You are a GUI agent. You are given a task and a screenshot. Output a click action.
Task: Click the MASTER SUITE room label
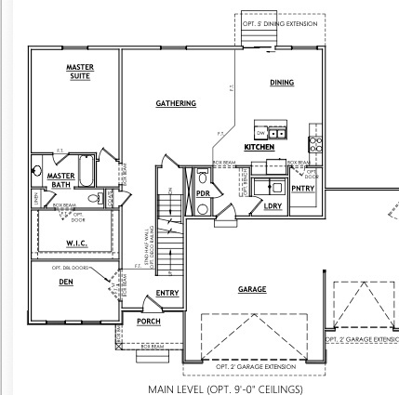[x=79, y=71]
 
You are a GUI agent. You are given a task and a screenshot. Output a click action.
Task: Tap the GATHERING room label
[x=175, y=103]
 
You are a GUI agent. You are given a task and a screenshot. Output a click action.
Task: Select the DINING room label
[x=282, y=83]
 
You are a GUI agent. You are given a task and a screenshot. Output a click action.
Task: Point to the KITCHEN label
[x=259, y=147]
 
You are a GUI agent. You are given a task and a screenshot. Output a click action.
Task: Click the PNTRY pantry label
[x=304, y=189]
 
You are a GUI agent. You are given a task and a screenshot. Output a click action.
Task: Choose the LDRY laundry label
[x=273, y=205]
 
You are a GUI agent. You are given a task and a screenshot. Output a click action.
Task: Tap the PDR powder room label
[x=203, y=192]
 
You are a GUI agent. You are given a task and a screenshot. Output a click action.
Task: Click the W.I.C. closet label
[x=76, y=244]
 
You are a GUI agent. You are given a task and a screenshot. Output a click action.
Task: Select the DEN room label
[x=66, y=283]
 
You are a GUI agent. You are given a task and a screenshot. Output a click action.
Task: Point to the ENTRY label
[x=167, y=294]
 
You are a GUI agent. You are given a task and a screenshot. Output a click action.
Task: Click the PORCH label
[x=148, y=322]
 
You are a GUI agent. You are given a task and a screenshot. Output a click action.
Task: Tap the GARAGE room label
[x=252, y=289]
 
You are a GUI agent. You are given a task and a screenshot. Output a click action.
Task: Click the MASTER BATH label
[x=61, y=178]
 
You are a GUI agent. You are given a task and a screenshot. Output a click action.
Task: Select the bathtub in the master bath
[x=85, y=171]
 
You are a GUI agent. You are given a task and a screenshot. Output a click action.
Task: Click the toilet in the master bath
[x=93, y=198]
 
